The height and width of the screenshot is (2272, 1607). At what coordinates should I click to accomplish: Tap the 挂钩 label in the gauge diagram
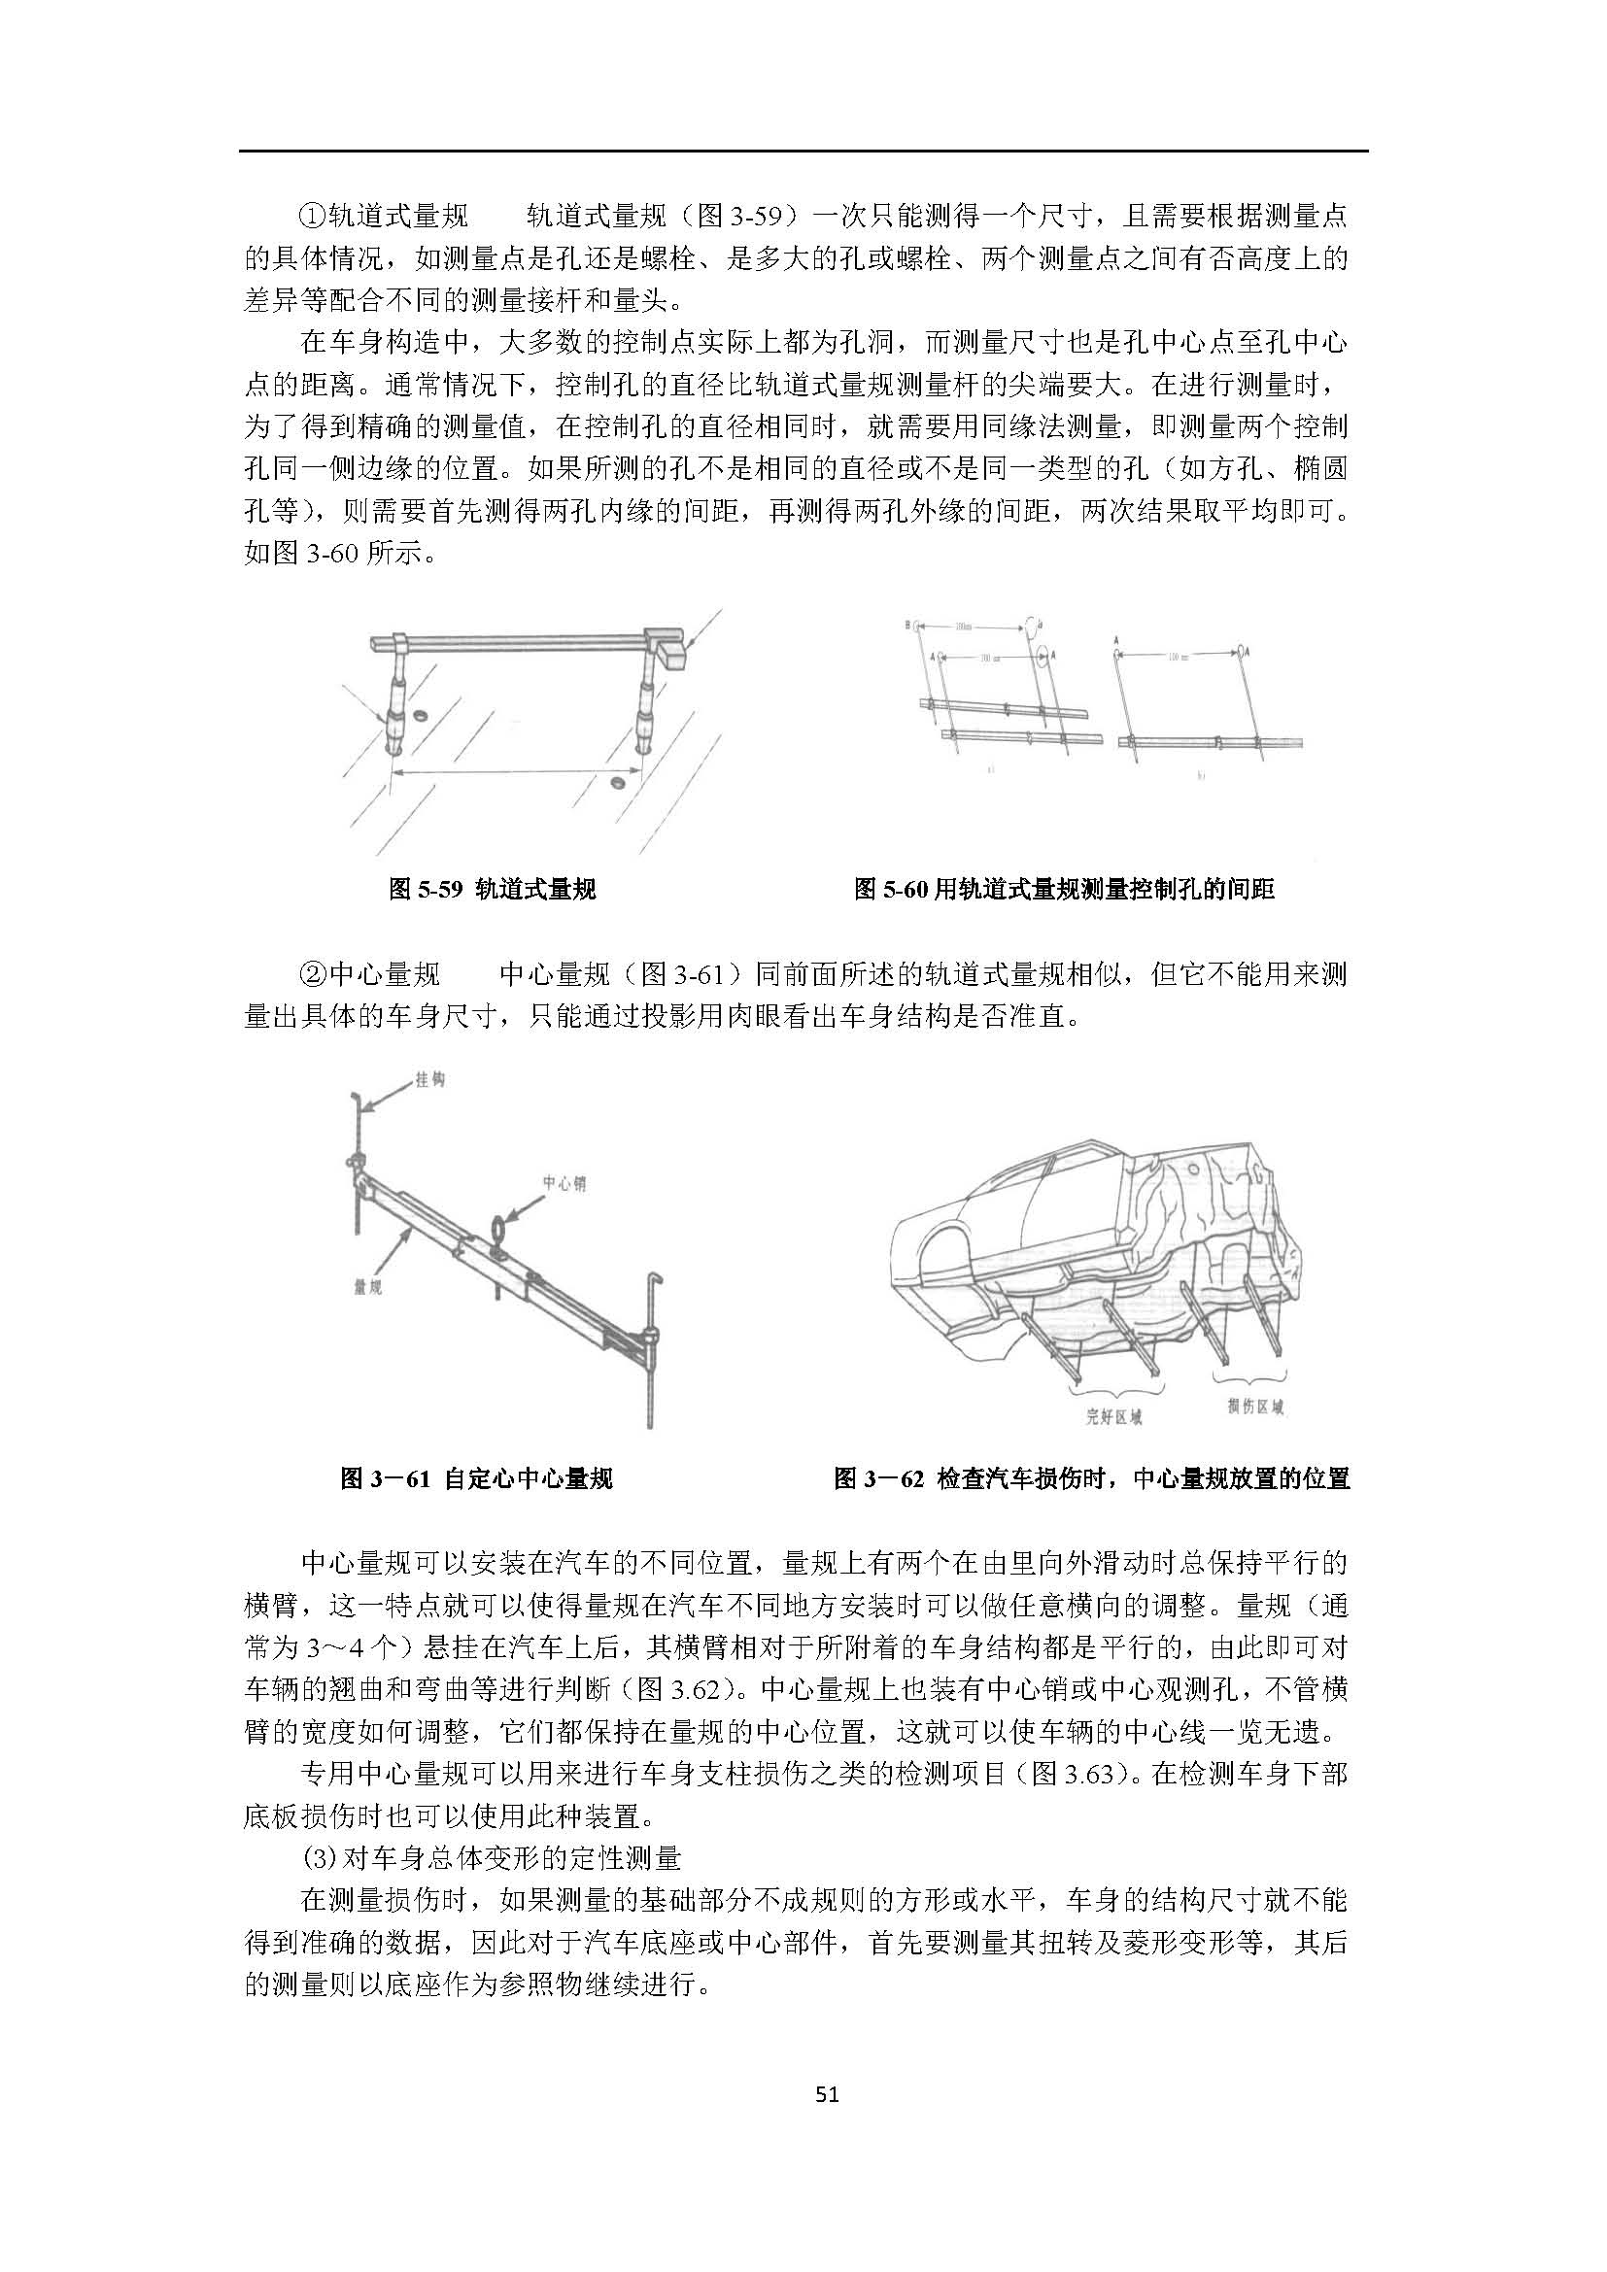[x=429, y=1079]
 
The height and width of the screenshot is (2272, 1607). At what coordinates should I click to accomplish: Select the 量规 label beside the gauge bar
[x=369, y=1287]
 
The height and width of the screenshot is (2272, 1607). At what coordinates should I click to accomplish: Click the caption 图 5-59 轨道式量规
[x=493, y=890]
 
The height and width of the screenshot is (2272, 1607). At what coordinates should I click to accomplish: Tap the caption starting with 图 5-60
[x=1064, y=890]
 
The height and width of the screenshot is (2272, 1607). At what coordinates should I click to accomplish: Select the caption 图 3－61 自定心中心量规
[x=476, y=1479]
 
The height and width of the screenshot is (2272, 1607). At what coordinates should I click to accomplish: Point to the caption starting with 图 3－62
[x=1091, y=1479]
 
